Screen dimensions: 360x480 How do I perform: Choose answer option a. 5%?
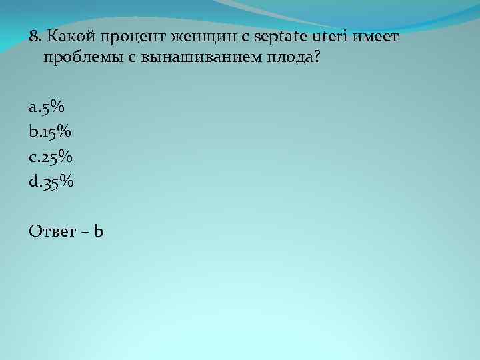(47, 107)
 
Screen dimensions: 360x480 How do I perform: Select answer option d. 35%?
(51, 180)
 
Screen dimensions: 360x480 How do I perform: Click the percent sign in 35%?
(67, 180)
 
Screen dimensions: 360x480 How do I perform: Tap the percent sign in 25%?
(65, 155)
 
